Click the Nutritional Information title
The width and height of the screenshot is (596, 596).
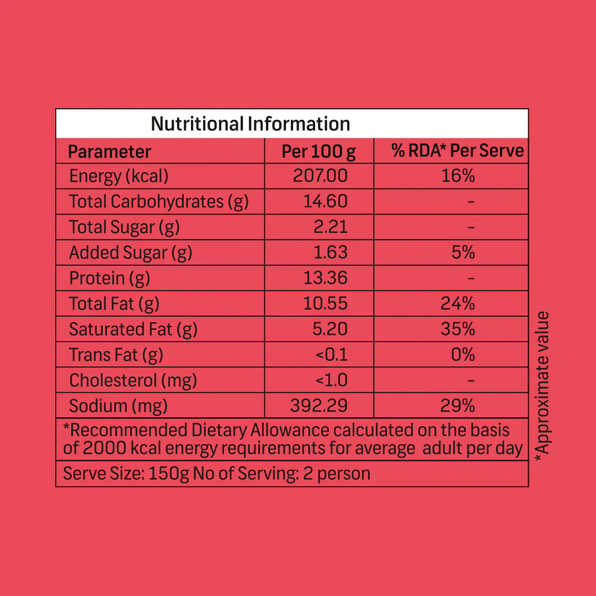point(250,124)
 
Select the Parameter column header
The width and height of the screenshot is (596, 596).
point(109,151)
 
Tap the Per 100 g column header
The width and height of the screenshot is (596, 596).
point(318,151)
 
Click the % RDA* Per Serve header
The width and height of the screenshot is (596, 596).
point(457,151)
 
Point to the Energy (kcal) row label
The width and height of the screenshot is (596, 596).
point(119,176)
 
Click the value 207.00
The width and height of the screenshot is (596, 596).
point(320,176)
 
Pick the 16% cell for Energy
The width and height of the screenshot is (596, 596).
point(458,176)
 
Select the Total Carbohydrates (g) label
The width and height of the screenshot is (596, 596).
point(159,202)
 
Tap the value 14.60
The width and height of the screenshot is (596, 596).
point(326,201)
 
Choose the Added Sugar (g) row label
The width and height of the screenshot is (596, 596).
point(130,253)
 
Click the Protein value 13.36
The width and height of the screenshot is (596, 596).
point(326,278)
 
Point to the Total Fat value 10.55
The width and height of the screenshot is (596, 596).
point(326,304)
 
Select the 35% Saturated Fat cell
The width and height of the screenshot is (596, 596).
point(458,329)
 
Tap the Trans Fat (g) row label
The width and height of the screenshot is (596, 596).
point(116,355)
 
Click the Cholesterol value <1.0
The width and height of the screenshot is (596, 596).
point(331,380)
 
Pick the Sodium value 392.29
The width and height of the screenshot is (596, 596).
point(319,406)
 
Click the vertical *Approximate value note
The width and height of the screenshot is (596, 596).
point(543,383)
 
